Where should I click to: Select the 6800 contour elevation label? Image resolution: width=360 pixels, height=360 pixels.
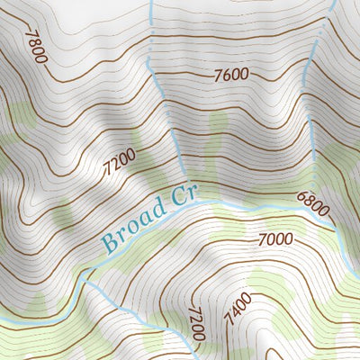(312, 205)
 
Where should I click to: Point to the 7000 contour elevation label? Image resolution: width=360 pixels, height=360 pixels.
(275, 239)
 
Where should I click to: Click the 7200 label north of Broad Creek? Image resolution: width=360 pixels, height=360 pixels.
(119, 164)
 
